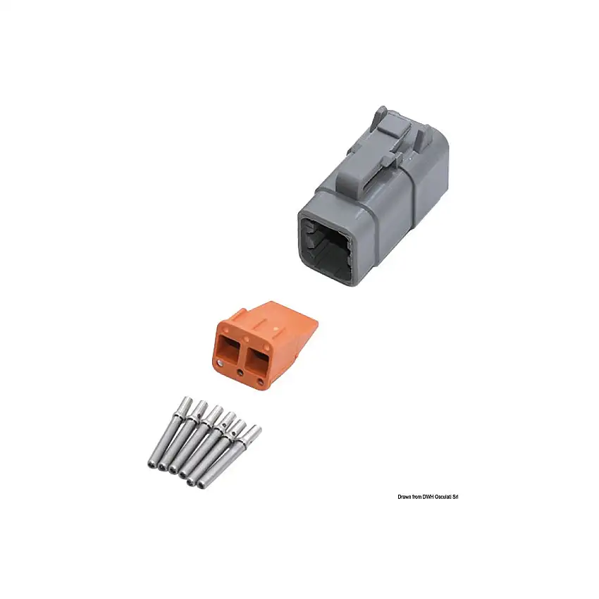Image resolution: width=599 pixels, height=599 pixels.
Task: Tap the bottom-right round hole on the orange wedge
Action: pyautogui.click(x=261, y=381)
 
